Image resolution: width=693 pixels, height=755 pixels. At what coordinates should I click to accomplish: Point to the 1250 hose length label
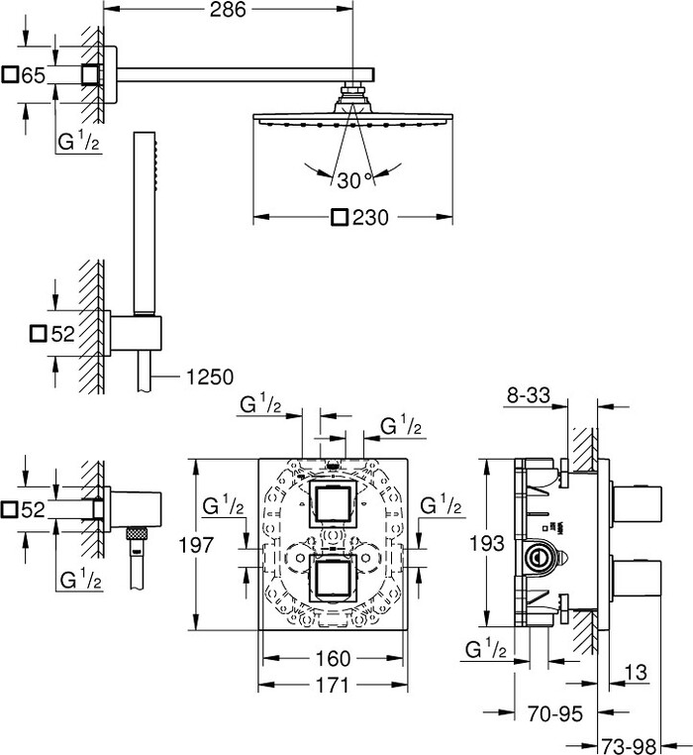click(x=208, y=377)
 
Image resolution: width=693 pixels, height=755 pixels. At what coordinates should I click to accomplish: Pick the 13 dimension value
click(x=640, y=675)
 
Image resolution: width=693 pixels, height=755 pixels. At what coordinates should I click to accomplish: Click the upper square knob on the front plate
click(x=334, y=505)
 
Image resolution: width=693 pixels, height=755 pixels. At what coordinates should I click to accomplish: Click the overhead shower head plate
click(x=354, y=119)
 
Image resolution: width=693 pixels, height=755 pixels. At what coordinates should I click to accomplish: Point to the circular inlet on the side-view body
click(x=540, y=557)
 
